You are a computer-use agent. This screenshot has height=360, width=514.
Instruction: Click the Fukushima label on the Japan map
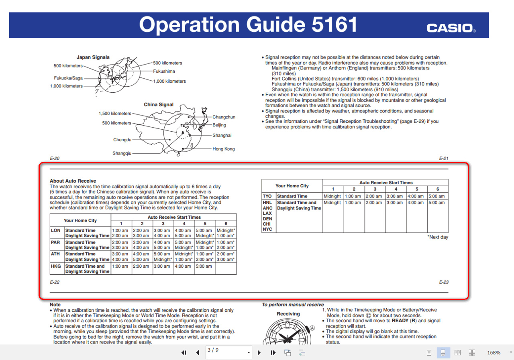164,71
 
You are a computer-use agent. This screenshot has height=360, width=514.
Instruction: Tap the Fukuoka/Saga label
68,78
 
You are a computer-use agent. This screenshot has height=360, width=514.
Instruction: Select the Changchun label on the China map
224,117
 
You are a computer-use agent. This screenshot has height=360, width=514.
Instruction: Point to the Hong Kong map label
223,149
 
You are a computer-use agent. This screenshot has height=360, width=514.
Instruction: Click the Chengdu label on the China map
122,140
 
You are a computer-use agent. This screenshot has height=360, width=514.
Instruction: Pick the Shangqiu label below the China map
122,153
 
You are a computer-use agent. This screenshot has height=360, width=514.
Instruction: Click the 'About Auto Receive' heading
73,181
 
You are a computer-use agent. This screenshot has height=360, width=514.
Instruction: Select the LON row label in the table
55,230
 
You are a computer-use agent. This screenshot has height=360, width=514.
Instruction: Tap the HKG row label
55,266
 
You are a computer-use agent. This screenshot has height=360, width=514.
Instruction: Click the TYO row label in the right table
267,196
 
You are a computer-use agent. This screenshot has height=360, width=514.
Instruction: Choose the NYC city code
267,229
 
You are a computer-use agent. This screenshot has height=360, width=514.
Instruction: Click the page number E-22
55,282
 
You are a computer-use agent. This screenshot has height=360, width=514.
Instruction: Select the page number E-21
443,159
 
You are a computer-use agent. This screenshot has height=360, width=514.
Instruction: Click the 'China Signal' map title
159,105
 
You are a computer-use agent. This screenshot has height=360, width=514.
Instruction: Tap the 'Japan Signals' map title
93,57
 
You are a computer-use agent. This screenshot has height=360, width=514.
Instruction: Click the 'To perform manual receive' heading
293,305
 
